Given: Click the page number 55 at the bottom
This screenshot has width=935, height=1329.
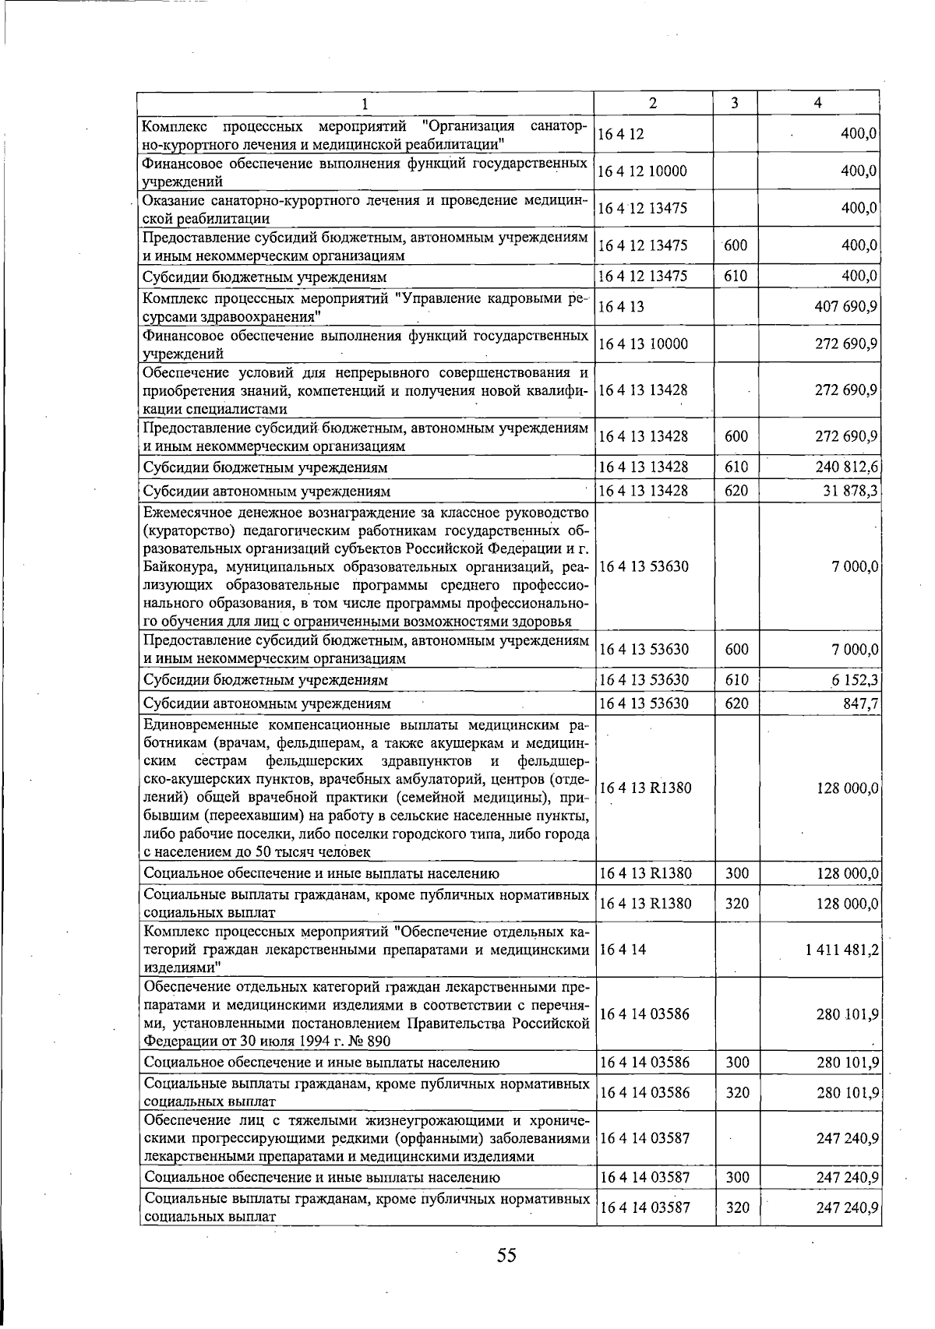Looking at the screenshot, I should (507, 1255).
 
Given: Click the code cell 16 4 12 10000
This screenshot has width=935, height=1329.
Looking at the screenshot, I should (643, 171).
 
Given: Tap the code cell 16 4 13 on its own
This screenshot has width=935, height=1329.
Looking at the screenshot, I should (621, 306).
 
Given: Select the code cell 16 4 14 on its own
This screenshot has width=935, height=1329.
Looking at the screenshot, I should (621, 950).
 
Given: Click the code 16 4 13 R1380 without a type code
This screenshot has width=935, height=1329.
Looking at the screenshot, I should (644, 788).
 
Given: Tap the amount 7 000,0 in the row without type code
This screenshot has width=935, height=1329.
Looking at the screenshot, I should (855, 566).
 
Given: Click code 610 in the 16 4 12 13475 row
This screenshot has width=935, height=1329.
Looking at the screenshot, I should (735, 277).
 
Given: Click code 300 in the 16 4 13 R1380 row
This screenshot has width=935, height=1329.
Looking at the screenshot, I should (736, 873).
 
